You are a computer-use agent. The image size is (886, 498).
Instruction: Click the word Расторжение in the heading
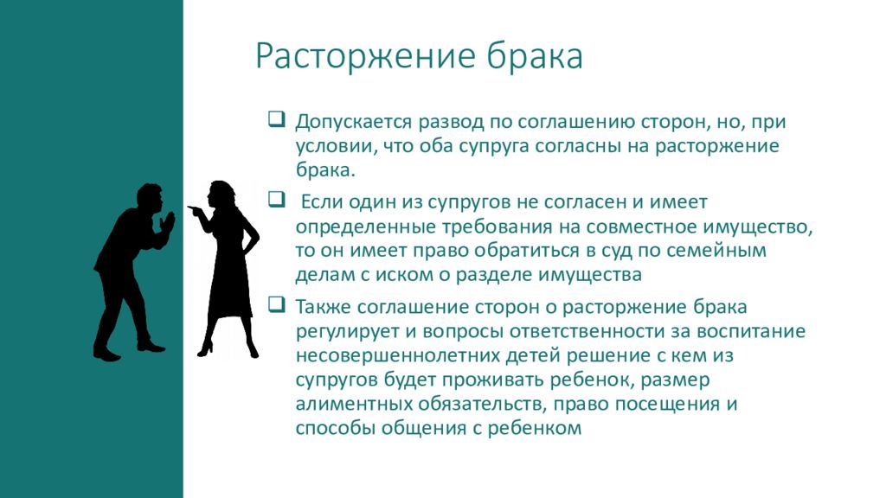(363, 58)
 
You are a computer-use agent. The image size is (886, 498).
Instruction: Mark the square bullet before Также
(275, 304)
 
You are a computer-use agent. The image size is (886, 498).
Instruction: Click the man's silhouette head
(149, 198)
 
